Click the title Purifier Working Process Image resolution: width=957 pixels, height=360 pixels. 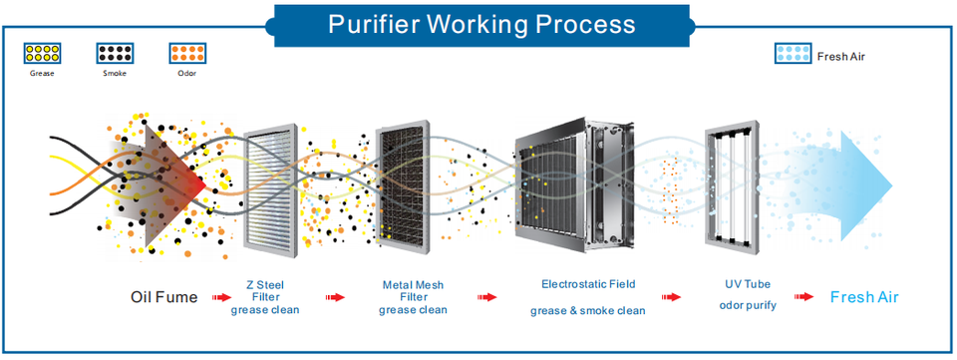(x=481, y=24)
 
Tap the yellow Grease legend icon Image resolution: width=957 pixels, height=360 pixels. (x=42, y=53)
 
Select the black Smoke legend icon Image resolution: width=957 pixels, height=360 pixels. (x=114, y=53)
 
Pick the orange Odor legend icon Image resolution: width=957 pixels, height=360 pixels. (x=187, y=53)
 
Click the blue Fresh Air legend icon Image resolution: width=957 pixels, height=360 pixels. (x=793, y=53)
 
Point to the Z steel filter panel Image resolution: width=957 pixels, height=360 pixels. (x=271, y=186)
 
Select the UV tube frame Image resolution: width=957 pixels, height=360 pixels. (x=731, y=186)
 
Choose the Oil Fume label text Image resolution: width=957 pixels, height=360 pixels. (x=164, y=297)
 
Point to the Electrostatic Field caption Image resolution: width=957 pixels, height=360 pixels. (x=588, y=284)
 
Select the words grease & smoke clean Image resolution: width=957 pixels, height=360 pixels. (x=588, y=310)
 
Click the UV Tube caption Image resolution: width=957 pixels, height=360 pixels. (x=748, y=284)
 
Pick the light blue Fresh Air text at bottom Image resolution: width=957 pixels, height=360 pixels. (x=864, y=297)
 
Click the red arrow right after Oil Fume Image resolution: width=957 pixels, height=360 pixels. (x=222, y=297)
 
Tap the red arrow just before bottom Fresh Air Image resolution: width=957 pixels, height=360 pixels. (x=803, y=296)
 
